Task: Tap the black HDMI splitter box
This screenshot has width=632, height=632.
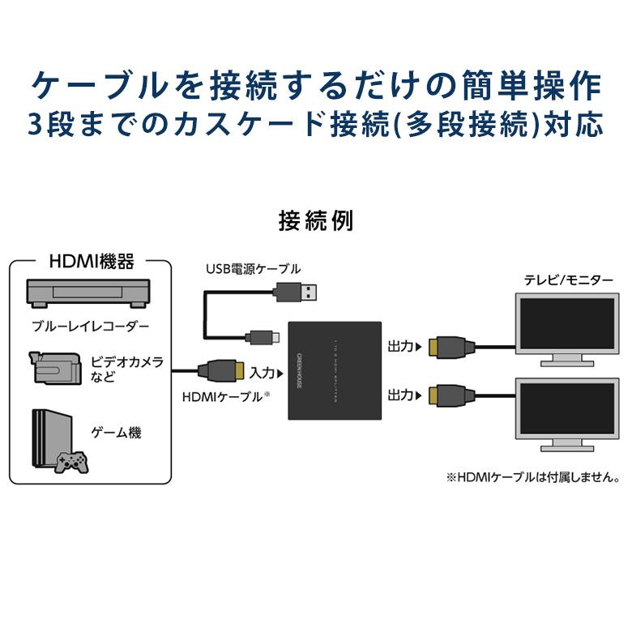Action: coord(335,369)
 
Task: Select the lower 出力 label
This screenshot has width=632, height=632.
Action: coord(400,395)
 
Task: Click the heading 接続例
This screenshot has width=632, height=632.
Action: coord(315,220)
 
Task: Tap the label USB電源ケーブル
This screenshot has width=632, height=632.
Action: coord(251,268)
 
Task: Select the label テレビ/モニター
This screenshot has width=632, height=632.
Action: coord(569,280)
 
